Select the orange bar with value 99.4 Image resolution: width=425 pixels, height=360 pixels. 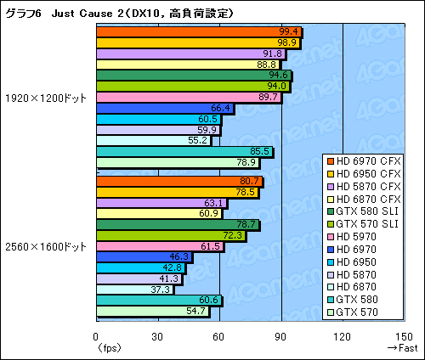(x=199, y=32)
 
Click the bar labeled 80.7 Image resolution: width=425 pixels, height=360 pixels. (x=179, y=181)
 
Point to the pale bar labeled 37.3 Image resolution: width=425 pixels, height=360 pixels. (x=134, y=289)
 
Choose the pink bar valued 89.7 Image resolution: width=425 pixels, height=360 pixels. (x=189, y=97)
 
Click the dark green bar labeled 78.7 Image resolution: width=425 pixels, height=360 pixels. (x=178, y=224)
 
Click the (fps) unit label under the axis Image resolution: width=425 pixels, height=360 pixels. (x=108, y=347)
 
